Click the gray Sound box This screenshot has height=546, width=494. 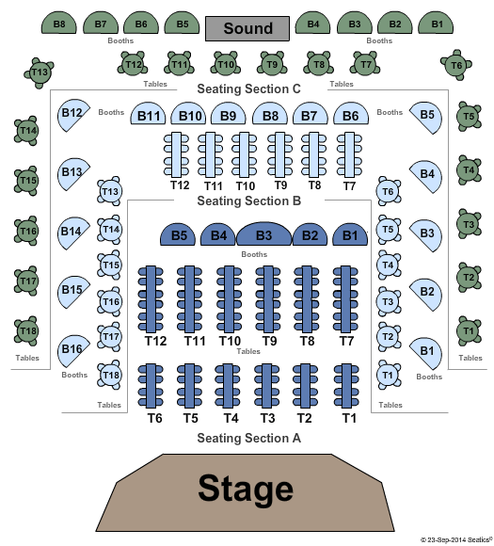pos(247,28)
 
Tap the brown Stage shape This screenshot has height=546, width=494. pos(245,492)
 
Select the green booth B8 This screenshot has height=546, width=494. pos(59,23)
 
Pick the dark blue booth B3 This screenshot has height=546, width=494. pos(263,234)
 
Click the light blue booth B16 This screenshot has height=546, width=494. pos(72,350)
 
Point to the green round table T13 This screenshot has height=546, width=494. pos(39,72)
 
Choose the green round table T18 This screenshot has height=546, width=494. pos(26,330)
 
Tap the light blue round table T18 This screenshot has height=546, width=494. pos(110,375)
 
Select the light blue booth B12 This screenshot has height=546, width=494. pos(72,115)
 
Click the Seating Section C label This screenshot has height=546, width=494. pos(248,88)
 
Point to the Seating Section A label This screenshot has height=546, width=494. pos(248,438)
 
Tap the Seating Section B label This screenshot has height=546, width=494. pos(248,201)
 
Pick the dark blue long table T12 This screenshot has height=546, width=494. pos(151,299)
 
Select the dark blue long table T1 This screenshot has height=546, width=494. pos(346,386)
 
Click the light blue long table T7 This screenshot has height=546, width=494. pos(349,154)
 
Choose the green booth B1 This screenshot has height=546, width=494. pos(436,23)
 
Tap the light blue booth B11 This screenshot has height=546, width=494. pos(148,114)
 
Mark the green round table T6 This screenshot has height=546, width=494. pos(456,65)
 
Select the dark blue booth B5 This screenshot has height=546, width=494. pos(178,235)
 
